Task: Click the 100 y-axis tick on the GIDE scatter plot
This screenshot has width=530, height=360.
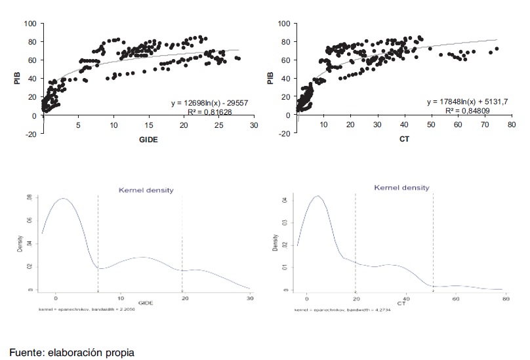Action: (30, 24)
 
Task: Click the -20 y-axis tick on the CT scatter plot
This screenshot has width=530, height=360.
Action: (284, 134)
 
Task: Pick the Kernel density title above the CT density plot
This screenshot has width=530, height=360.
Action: (401, 188)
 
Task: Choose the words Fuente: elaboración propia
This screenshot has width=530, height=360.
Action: (71, 353)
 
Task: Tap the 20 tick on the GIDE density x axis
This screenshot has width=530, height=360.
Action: (185, 298)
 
